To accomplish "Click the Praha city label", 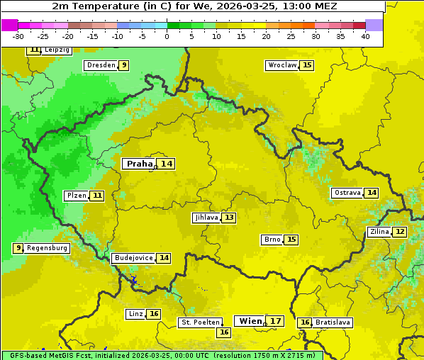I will (139, 164).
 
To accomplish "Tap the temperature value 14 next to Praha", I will (166, 164).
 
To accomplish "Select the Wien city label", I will (250, 321).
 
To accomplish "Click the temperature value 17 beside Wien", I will (276, 321).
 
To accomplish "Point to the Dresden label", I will (100, 65).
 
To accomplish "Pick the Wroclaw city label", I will (281, 65).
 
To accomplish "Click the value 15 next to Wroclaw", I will (306, 65).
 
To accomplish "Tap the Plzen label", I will (76, 196).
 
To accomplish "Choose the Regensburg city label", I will (48, 248).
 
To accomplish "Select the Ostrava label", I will (347, 193).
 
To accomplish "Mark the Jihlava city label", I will (206, 218).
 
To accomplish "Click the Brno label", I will (272, 240).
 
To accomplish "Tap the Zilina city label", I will (379, 232).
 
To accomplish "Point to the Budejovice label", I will (133, 258).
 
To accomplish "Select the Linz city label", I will (135, 314).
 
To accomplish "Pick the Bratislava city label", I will (333, 322).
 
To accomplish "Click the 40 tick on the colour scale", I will (365, 35).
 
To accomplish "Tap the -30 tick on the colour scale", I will (18, 35).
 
